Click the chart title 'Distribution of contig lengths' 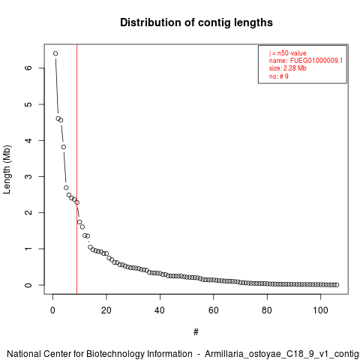click(x=196, y=22)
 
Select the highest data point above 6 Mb click(x=55, y=53)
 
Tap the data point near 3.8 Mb click(x=64, y=147)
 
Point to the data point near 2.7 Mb click(x=66, y=187)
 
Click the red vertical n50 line click(x=76, y=169)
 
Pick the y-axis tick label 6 click(x=28, y=68)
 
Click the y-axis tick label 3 click(x=28, y=176)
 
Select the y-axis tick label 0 click(x=28, y=285)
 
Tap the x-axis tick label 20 click(x=106, y=310)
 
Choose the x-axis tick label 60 click(x=214, y=310)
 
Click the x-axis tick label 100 click(x=320, y=310)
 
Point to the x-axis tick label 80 click(x=267, y=310)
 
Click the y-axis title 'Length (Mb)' click(x=7, y=169)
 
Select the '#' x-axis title click(x=196, y=332)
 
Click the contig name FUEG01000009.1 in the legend click(x=316, y=61)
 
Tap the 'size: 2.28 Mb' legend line click(x=288, y=68)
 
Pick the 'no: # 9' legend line click(x=279, y=76)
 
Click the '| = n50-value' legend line click(x=288, y=53)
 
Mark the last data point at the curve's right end click(x=337, y=285)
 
